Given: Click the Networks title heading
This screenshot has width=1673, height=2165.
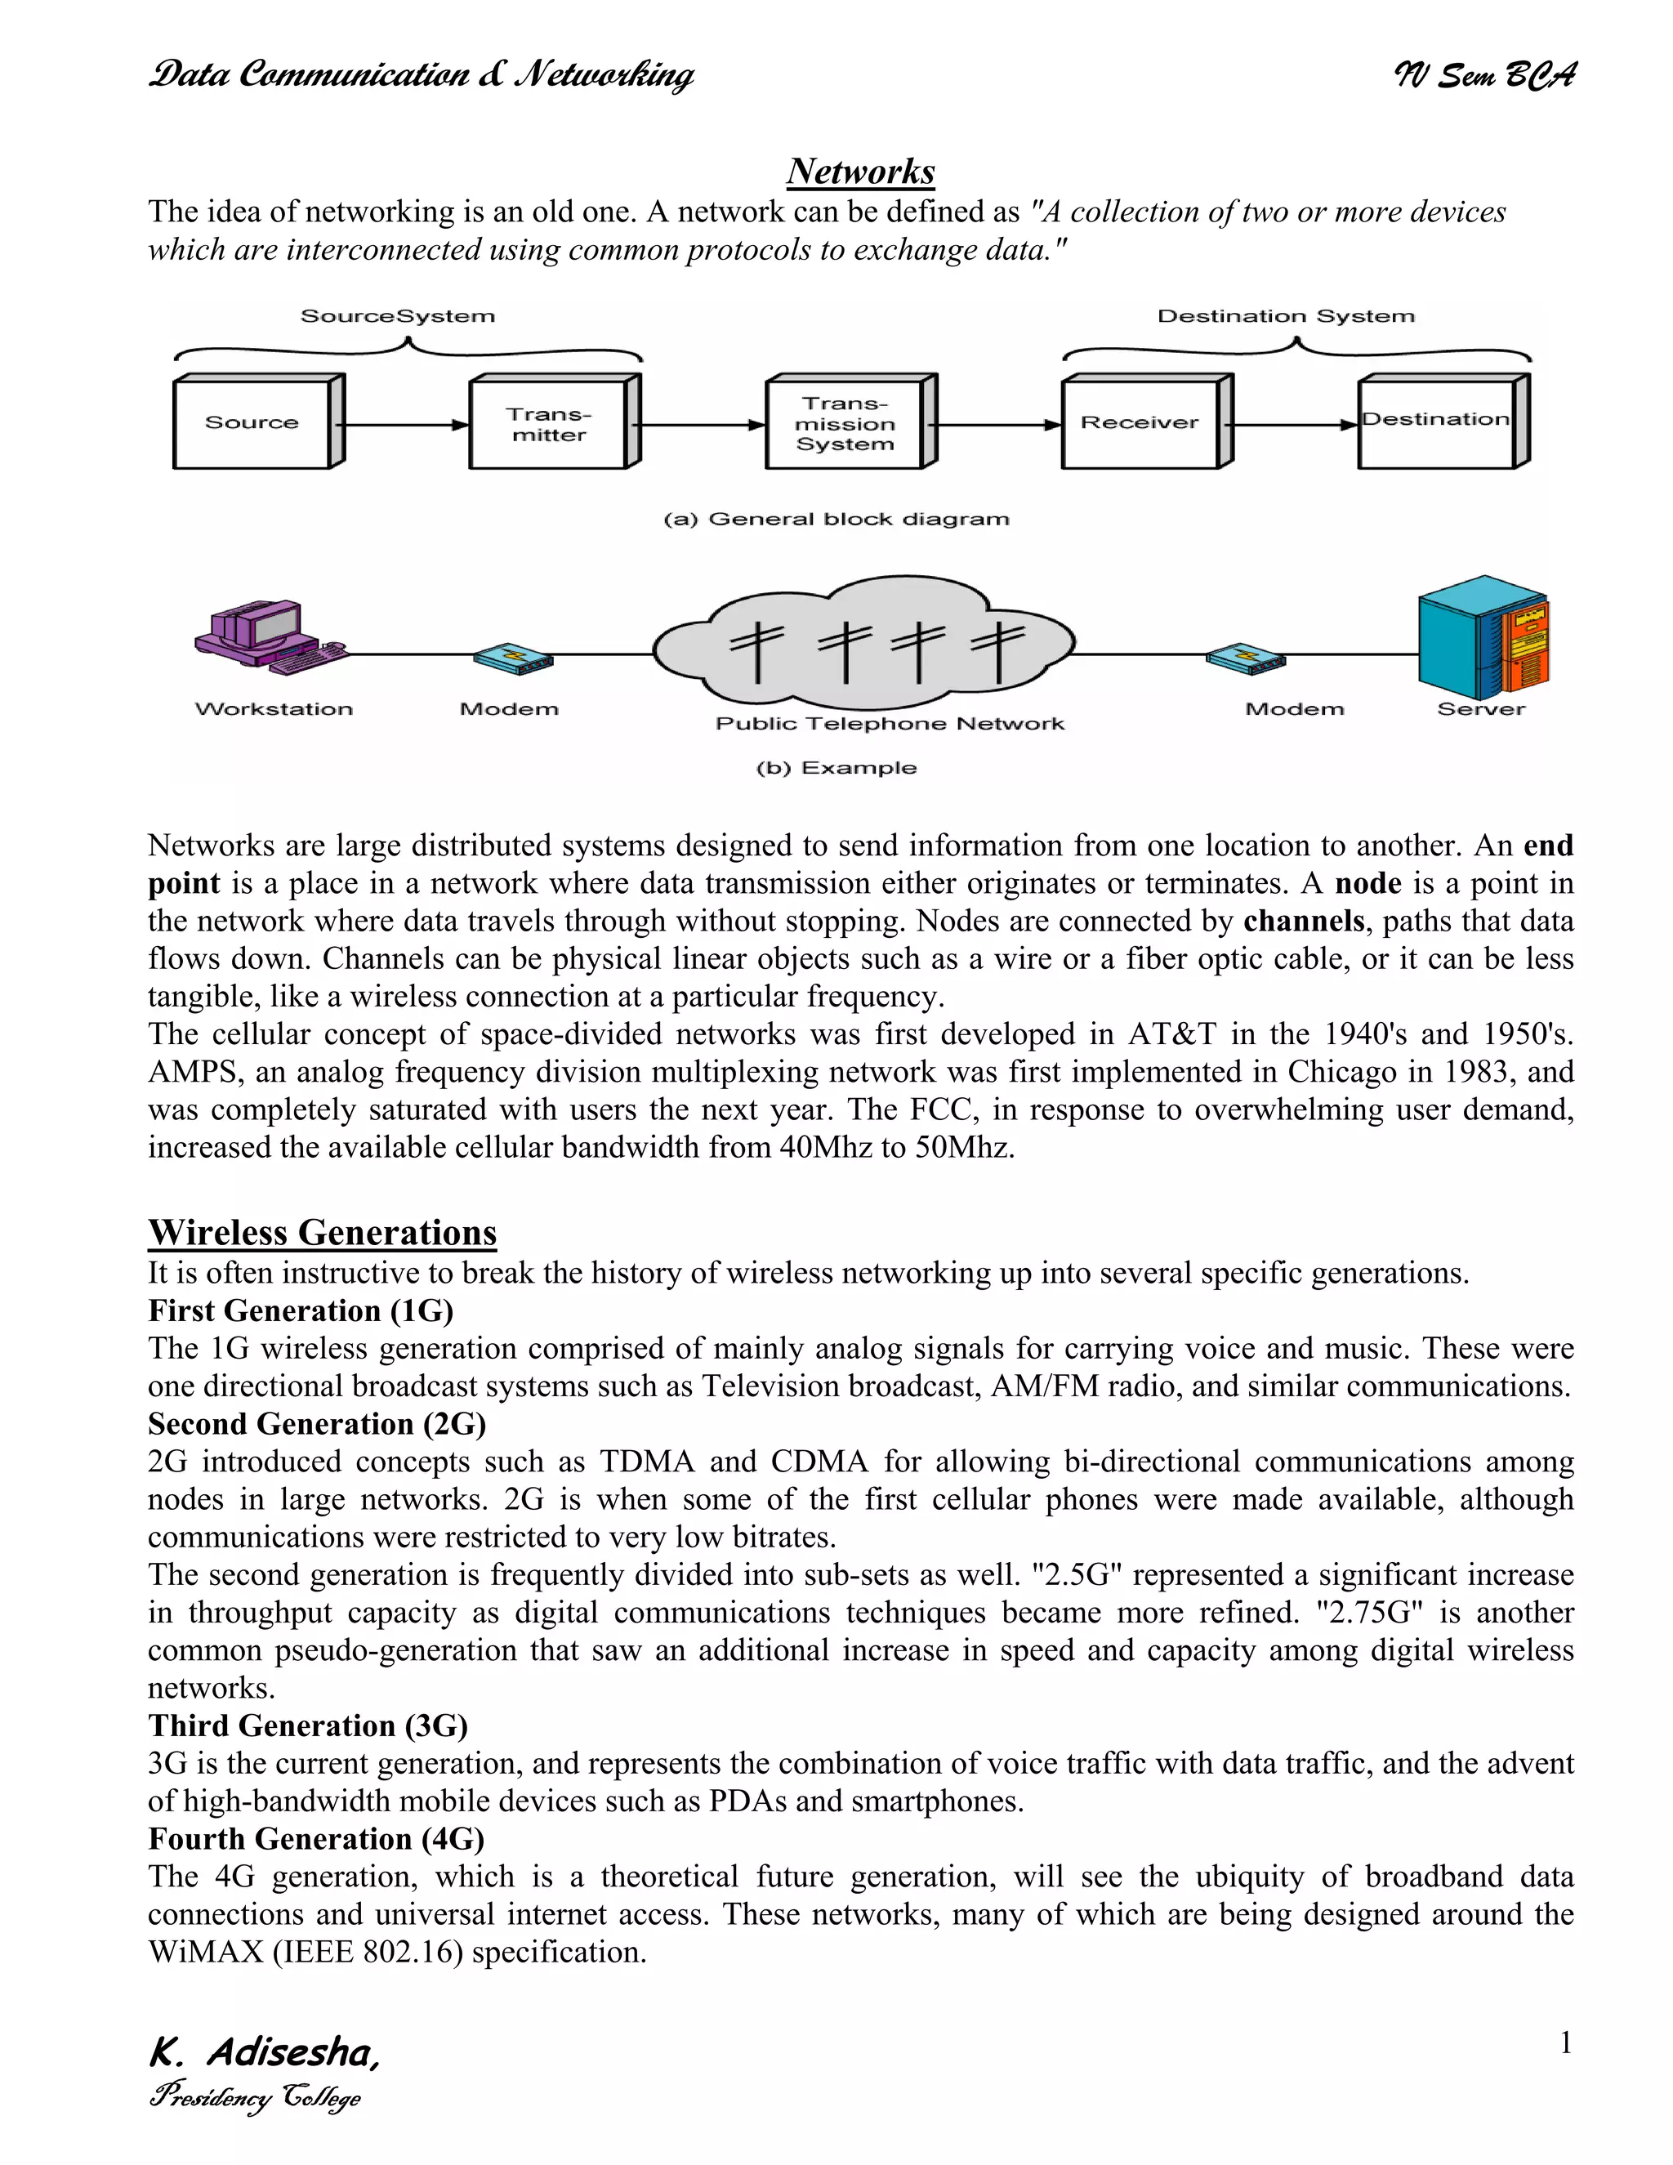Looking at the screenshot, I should click(x=860, y=172).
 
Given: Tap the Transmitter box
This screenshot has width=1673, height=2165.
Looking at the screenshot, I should click(x=549, y=424).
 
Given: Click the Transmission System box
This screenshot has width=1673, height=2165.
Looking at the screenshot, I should click(x=845, y=424).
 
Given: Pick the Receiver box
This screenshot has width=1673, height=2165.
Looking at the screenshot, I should click(x=1140, y=423).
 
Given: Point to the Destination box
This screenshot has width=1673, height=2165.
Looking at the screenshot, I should click(x=1436, y=422).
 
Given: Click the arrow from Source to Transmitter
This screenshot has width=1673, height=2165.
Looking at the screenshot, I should click(x=401, y=426).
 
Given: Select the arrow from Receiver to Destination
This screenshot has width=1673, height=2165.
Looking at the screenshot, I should click(x=1291, y=426).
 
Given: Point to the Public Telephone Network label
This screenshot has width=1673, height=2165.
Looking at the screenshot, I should click(x=889, y=724).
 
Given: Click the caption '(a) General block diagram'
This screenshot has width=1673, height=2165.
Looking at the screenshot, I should click(x=836, y=520).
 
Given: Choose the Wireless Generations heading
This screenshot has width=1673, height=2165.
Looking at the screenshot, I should click(x=322, y=1232).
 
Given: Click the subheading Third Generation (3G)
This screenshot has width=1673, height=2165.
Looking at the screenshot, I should click(x=307, y=1725).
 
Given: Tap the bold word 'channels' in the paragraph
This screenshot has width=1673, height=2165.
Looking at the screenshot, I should click(x=1303, y=921).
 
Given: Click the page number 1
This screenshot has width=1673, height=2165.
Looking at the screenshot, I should click(x=1565, y=2043).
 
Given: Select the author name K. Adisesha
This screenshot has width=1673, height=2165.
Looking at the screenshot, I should click(x=264, y=2052).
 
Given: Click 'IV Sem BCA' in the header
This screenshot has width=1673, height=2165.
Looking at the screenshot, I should click(x=1483, y=75).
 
